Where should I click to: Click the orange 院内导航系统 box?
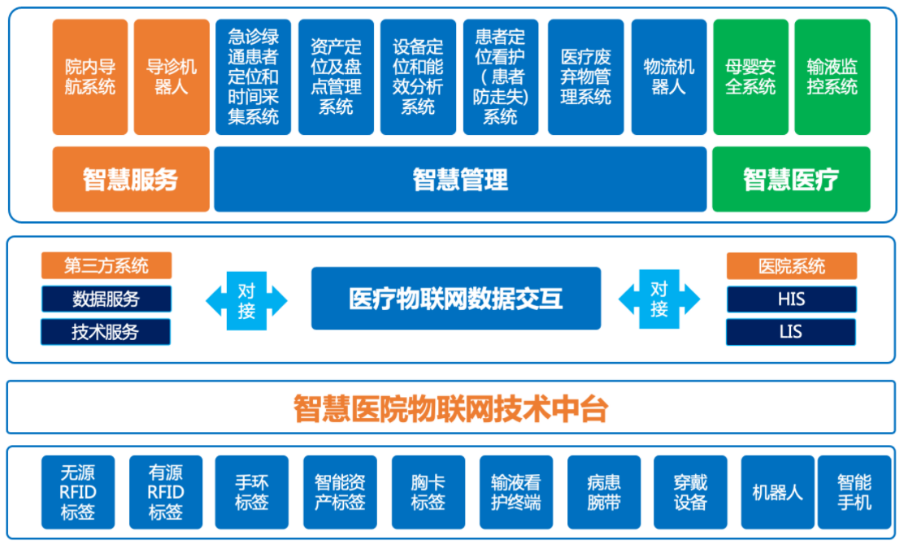(90, 76)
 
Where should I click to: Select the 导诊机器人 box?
(172, 76)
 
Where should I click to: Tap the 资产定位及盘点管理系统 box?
(336, 76)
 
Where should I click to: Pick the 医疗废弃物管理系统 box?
(586, 76)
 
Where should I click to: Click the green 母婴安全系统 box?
(750, 76)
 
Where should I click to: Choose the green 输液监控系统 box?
(832, 76)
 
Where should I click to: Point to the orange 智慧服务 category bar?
(131, 179)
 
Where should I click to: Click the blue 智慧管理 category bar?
(461, 179)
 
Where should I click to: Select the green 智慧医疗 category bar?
(792, 179)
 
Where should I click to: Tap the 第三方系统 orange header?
(106, 266)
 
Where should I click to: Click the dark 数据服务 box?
(106, 299)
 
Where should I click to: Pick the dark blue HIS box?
(792, 299)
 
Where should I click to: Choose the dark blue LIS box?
(791, 332)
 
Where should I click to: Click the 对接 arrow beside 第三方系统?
(247, 300)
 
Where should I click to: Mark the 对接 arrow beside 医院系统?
(659, 299)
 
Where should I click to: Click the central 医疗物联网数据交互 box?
(456, 299)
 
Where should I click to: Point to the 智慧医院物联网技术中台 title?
(451, 408)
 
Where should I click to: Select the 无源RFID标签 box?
(78, 492)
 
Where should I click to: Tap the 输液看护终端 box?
(516, 492)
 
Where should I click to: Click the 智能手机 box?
(854, 492)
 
